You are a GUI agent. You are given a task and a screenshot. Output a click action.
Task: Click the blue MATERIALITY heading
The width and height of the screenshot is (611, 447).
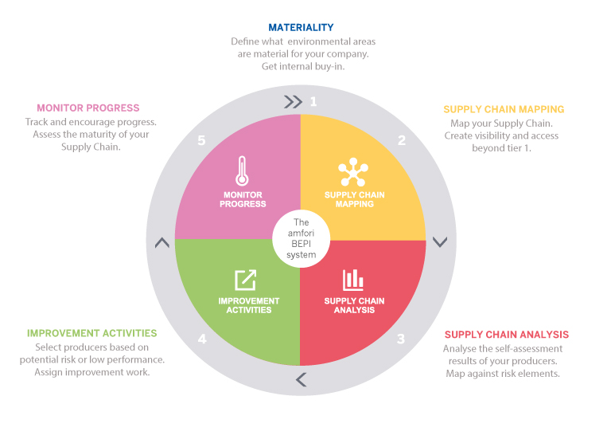[x=301, y=27]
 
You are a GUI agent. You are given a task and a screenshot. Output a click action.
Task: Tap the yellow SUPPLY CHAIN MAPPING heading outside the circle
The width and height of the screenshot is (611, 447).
[x=504, y=109]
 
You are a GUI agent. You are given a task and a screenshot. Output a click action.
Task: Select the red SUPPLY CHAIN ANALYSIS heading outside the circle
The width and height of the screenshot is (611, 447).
[x=507, y=335]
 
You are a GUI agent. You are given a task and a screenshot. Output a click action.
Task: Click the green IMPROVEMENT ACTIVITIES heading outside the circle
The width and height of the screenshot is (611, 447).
[x=92, y=333]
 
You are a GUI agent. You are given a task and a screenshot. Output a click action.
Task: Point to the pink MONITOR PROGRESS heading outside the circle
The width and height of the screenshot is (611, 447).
[x=88, y=108]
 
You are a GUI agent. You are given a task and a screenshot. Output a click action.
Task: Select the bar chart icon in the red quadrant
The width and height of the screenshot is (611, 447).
[x=353, y=280]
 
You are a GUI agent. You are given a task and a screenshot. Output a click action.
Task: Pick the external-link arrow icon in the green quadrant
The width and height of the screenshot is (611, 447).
[x=245, y=280]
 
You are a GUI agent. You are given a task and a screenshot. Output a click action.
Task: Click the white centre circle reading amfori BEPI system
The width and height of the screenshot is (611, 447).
[x=300, y=238]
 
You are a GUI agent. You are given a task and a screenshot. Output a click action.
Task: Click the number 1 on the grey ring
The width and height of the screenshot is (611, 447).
[x=313, y=101]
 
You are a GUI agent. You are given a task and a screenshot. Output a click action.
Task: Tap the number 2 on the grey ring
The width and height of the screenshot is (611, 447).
[x=402, y=140]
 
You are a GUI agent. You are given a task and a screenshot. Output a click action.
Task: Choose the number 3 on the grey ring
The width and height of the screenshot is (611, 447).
[x=401, y=339]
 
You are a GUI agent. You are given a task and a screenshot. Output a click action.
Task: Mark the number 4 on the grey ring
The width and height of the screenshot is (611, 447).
[x=202, y=339]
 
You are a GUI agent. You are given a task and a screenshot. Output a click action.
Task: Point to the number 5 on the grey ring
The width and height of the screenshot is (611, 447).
[x=201, y=140]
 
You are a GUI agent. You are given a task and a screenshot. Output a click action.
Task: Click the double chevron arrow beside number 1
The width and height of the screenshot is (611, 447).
[x=293, y=101]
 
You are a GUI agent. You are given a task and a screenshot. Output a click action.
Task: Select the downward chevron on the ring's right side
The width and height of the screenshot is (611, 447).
[x=439, y=241]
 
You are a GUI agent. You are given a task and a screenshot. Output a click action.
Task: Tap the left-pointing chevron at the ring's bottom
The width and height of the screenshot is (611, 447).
[x=301, y=379]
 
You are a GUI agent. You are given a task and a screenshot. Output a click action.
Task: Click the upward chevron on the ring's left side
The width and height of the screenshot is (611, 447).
[x=162, y=242]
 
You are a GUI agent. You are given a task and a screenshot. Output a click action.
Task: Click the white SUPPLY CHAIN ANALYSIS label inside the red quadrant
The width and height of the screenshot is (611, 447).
[x=354, y=305]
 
